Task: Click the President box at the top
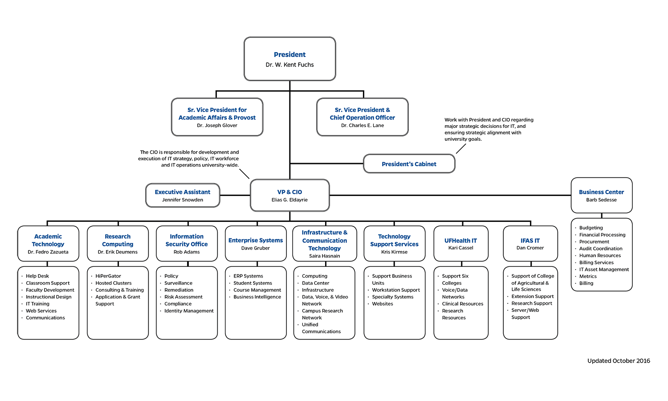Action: point(289,59)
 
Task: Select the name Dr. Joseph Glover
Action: point(217,126)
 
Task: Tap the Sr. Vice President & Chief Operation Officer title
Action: point(362,114)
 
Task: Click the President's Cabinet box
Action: point(409,164)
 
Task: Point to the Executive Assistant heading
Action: point(183,192)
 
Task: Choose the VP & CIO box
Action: point(289,195)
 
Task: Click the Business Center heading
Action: point(601,192)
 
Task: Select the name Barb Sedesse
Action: point(601,200)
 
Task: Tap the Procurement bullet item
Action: point(594,242)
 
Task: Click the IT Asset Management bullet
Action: point(604,270)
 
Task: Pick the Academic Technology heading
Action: point(48,240)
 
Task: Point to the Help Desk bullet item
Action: point(37,276)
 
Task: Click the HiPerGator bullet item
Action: point(108,276)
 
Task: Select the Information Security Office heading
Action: point(187,240)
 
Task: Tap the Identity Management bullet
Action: point(189,311)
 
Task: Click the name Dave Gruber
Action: point(256,248)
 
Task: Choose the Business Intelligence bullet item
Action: point(257,297)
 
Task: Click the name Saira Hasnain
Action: point(324,256)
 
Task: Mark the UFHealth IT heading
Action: point(460,241)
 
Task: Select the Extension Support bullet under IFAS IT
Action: point(533,297)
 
